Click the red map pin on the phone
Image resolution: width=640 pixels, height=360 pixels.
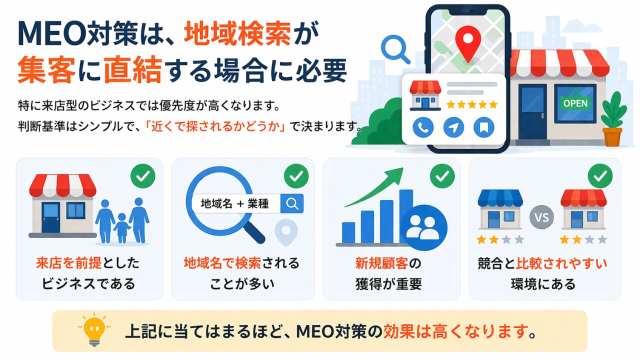(x=467, y=43)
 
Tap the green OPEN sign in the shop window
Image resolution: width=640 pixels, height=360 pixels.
(x=575, y=103)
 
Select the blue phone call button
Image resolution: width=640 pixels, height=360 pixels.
(x=423, y=127)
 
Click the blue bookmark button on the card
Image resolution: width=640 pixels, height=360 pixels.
(x=483, y=127)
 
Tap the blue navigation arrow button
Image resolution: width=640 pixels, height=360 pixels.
(x=453, y=127)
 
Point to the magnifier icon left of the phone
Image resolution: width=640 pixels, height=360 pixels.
(x=395, y=49)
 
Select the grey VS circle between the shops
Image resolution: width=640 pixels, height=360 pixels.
(x=541, y=217)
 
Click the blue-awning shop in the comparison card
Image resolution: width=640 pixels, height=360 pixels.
(x=500, y=209)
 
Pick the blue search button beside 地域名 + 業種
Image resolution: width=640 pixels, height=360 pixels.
(x=291, y=203)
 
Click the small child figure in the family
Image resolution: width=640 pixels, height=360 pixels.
(x=122, y=228)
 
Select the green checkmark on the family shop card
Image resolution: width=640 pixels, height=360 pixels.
(x=143, y=176)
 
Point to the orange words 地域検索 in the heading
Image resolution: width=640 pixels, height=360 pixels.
(x=237, y=33)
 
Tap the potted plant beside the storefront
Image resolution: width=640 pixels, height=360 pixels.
(x=613, y=119)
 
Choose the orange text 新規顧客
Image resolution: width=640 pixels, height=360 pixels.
(x=381, y=263)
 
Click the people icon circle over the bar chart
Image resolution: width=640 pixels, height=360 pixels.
(x=423, y=227)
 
